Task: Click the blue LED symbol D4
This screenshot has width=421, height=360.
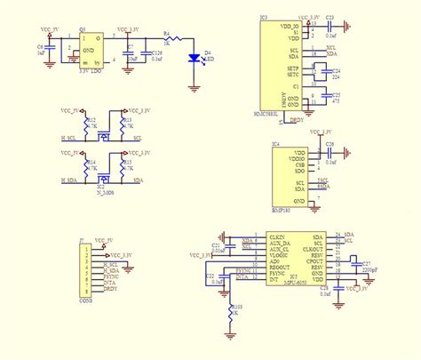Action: (194, 59)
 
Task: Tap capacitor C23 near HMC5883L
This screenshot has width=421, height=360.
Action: (329, 24)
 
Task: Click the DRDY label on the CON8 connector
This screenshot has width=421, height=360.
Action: (110, 290)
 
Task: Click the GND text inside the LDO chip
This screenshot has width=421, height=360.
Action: (89, 50)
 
